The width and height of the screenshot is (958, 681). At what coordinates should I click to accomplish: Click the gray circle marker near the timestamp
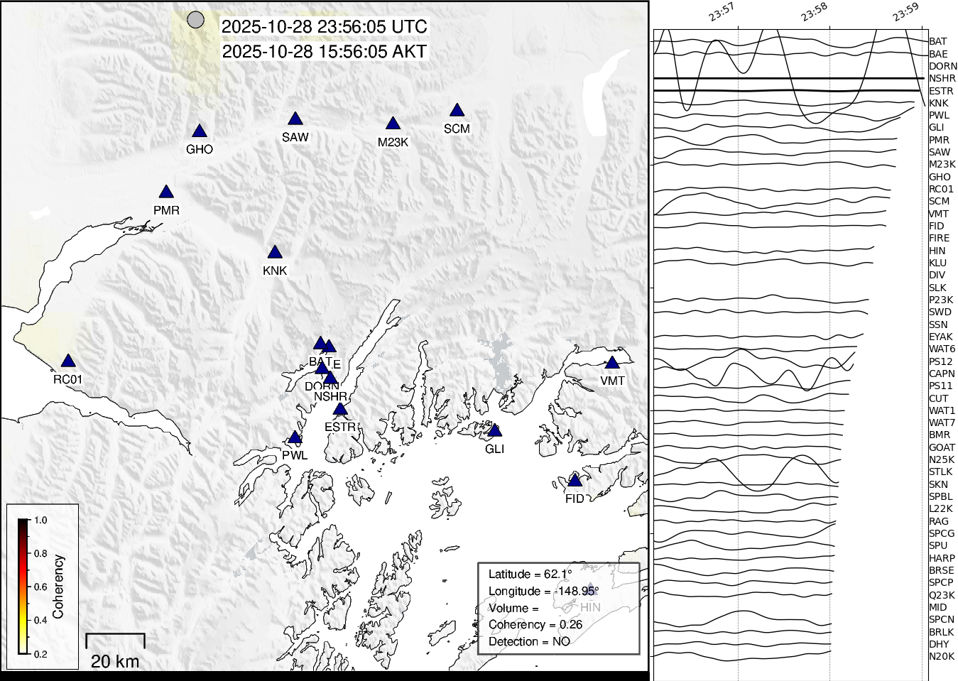click(195, 20)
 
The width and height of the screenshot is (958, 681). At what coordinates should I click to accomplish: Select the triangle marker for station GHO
click(200, 131)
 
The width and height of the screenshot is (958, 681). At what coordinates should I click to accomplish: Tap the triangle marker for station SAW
click(295, 119)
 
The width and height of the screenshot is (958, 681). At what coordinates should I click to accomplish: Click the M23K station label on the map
click(393, 142)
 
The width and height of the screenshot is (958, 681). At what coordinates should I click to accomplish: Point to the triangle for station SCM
click(457, 111)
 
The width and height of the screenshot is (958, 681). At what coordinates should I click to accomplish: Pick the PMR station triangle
click(166, 192)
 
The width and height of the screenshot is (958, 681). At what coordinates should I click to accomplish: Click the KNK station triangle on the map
click(275, 253)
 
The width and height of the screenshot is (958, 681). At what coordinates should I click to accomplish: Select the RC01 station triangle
click(67, 361)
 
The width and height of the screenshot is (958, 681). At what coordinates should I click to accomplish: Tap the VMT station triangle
click(612, 363)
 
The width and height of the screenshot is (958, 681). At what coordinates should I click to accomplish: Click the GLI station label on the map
click(494, 449)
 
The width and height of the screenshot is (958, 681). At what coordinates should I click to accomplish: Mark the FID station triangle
click(575, 481)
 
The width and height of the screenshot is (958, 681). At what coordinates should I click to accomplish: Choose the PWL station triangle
click(295, 437)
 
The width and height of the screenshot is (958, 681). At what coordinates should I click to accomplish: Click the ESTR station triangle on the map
click(340, 409)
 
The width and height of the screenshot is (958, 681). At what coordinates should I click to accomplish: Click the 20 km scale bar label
click(115, 662)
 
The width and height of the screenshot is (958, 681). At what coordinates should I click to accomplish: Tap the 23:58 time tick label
click(815, 12)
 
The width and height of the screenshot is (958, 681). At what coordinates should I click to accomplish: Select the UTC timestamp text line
click(324, 27)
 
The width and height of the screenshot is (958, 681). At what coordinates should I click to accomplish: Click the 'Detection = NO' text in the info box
click(529, 641)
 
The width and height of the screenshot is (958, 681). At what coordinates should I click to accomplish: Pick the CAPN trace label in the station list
click(942, 374)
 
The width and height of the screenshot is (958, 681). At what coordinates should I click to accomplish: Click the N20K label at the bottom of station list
click(942, 656)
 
